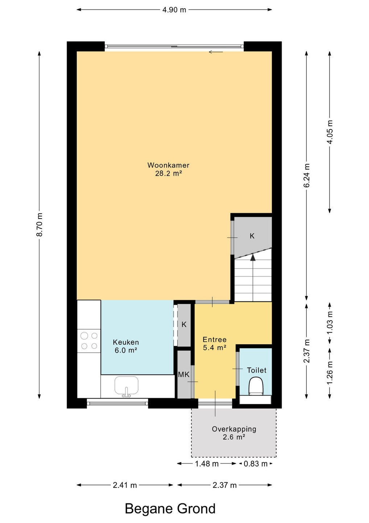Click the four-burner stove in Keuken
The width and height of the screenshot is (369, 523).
[89, 341]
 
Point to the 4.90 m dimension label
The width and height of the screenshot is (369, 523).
[174, 10]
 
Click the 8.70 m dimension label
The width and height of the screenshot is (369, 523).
[40, 224]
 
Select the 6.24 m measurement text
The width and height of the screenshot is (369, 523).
[307, 175]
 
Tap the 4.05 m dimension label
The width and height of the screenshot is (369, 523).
[329, 132]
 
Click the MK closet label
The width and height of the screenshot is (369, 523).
[184, 374]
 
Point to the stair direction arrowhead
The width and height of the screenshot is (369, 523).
[253, 258]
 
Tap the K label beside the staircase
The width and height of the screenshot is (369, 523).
[252, 236]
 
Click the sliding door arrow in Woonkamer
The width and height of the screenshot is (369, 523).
[216, 52]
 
